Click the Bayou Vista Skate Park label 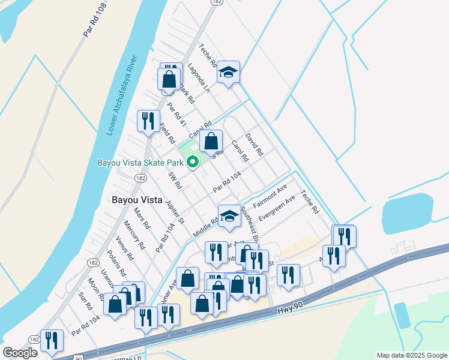click(140, 163)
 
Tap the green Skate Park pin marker click(193, 162)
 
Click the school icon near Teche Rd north click(228, 73)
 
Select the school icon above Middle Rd click(229, 216)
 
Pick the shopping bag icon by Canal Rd click(211, 142)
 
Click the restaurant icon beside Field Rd click(148, 121)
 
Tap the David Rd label click(255, 145)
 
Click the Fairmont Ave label click(270, 196)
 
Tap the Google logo click(20, 353)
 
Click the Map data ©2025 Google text click(411, 355)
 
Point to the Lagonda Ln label click(199, 77)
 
